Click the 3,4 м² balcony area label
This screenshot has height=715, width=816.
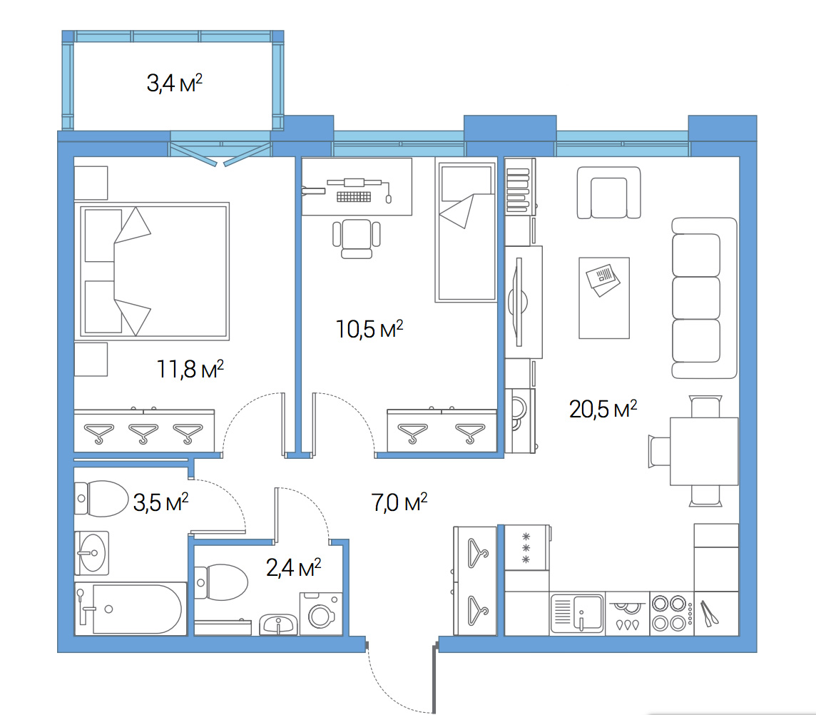click(x=174, y=83)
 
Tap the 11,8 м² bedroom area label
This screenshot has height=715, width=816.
click(x=190, y=369)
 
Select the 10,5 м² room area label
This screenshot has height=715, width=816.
click(x=369, y=329)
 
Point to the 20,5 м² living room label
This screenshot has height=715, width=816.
click(x=603, y=410)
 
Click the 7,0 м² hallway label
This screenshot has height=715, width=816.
click(x=399, y=502)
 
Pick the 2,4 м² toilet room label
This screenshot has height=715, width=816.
click(x=293, y=567)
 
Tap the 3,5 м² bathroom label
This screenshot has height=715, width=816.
click(x=160, y=502)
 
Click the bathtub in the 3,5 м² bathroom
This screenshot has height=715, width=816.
click(x=131, y=609)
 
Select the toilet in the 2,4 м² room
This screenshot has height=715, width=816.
click(x=221, y=582)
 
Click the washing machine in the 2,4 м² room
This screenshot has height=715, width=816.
click(x=321, y=614)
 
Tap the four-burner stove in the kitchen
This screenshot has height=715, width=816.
click(x=672, y=614)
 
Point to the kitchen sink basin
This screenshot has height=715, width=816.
click(x=588, y=612)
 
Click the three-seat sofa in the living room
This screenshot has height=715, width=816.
click(x=704, y=298)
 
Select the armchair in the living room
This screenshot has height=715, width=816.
click(x=609, y=193)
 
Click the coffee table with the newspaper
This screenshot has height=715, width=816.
click(x=604, y=298)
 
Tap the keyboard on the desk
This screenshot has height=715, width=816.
click(x=354, y=196)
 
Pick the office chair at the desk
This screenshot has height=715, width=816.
click(x=357, y=238)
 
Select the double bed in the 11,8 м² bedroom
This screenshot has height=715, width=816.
click(x=153, y=270)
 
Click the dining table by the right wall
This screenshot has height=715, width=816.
click(x=704, y=451)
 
